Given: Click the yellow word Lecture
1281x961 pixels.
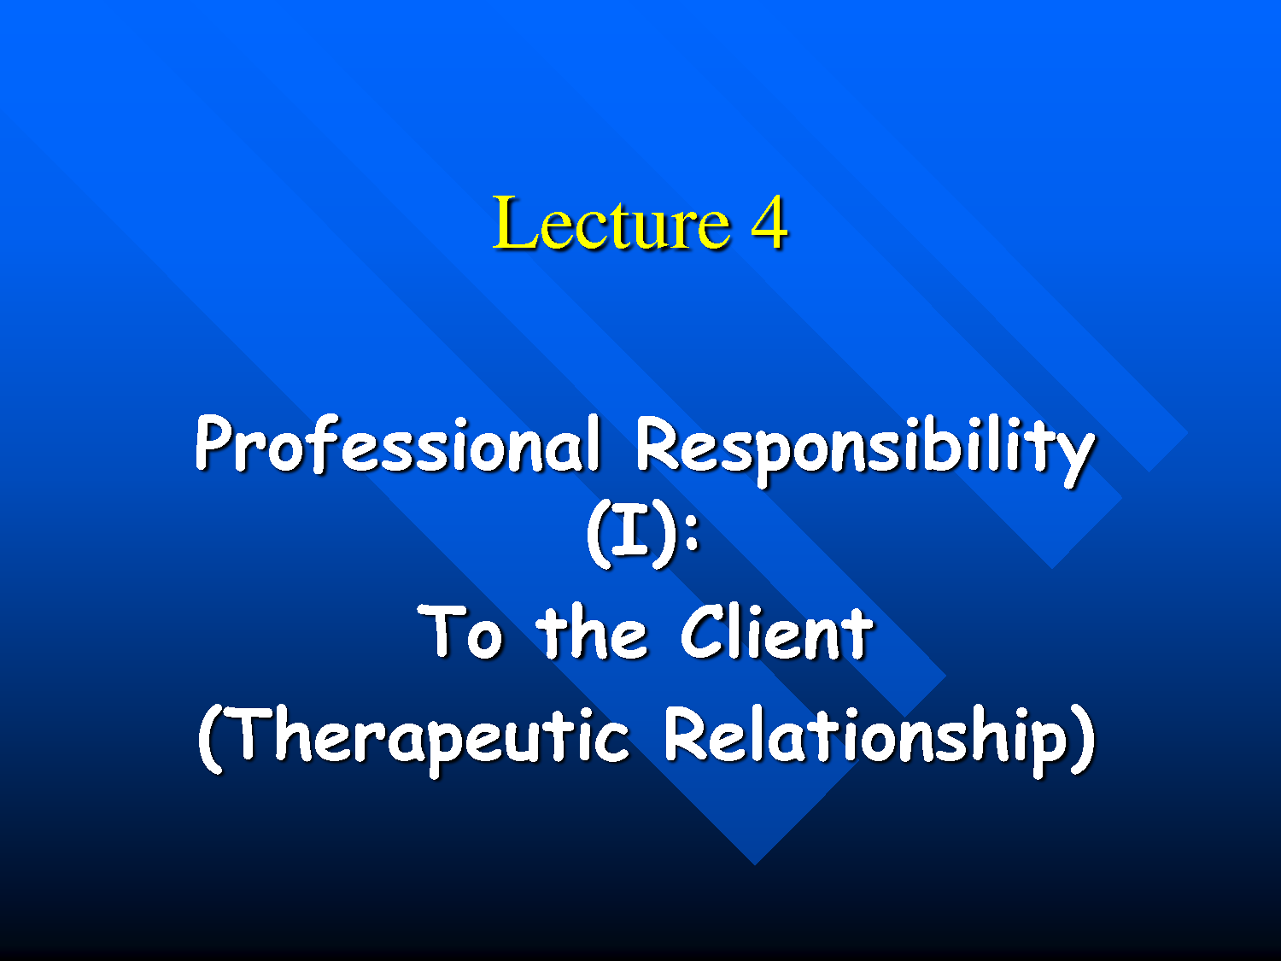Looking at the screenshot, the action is coord(611,224).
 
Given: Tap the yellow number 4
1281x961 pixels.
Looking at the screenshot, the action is coord(769,224).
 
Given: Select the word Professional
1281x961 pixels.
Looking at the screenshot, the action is coord(398,444).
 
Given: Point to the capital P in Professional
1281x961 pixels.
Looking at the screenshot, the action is coord(213,443).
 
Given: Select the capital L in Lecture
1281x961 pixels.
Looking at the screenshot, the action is coord(514,224).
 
